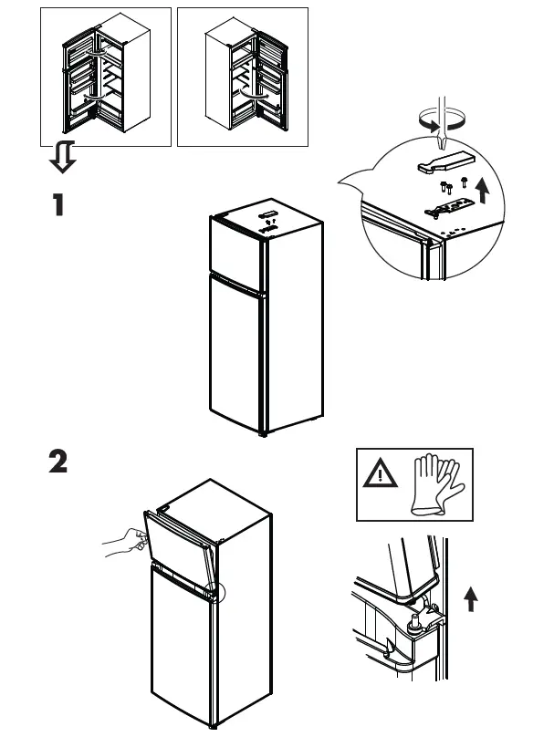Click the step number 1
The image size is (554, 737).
click(58, 205)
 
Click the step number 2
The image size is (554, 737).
click(58, 463)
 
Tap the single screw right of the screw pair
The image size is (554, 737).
click(465, 182)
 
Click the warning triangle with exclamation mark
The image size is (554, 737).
click(379, 474)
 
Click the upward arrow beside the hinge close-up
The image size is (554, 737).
click(470, 599)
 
